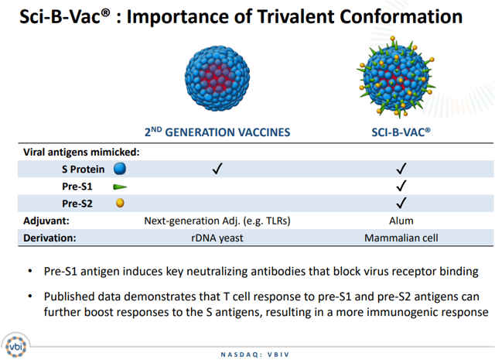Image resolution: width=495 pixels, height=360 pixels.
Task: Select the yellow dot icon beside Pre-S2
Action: (120, 203)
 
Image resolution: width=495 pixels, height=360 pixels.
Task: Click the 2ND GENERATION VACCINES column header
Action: (217, 132)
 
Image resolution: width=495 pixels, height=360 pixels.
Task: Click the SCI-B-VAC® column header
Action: (401, 132)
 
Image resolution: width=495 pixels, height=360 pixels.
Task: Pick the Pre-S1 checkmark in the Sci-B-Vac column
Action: (401, 187)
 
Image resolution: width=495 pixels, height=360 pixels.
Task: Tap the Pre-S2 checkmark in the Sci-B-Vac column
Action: (401, 204)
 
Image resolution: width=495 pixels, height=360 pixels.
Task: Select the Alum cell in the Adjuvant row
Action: (401, 221)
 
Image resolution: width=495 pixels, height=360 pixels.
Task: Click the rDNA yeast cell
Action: (217, 238)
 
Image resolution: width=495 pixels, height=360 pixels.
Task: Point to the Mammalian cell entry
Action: (401, 238)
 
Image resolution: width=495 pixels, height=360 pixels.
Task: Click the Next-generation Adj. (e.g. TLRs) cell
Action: (217, 221)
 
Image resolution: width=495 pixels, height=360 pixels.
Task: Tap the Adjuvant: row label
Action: (48, 221)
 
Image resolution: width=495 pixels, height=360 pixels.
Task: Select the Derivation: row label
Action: (50, 238)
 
